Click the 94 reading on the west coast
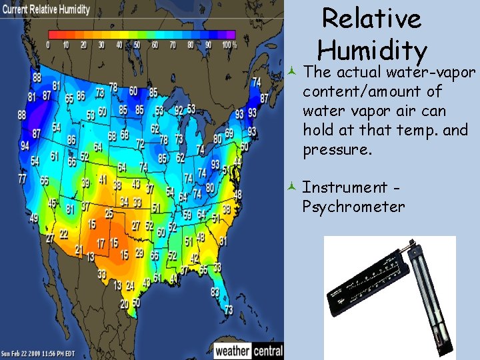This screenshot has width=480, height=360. [x=25, y=146]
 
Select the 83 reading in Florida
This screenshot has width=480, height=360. [x=215, y=292]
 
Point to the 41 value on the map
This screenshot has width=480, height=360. [x=102, y=180]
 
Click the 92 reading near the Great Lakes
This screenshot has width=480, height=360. [x=179, y=110]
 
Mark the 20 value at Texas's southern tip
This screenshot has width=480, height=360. [x=125, y=303]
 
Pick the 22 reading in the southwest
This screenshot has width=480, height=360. [x=63, y=234]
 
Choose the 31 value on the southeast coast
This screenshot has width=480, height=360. [x=223, y=241]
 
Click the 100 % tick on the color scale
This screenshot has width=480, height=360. [x=229, y=45]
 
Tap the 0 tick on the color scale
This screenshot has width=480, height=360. [x=48, y=45]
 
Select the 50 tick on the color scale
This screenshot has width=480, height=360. [x=137, y=45]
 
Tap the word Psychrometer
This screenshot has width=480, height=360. [x=353, y=207]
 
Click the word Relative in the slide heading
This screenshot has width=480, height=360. [x=371, y=19]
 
